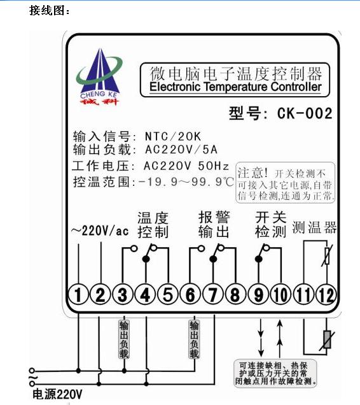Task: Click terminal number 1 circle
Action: [x=78, y=294]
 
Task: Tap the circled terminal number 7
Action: [x=212, y=294]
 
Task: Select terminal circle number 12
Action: [x=326, y=294]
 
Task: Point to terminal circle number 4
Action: [x=145, y=294]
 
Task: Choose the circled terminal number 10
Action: [x=280, y=294]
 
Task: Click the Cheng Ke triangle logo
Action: [x=99, y=77]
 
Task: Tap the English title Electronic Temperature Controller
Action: [x=235, y=87]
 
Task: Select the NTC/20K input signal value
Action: [x=173, y=136]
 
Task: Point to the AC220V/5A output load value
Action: [x=181, y=150]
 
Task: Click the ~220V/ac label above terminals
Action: [x=100, y=231]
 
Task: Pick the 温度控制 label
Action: [x=153, y=225]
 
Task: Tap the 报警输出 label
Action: [x=214, y=224]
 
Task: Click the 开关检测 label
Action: [x=271, y=224]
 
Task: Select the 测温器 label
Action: [x=314, y=227]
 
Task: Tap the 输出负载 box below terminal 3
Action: [x=124, y=339]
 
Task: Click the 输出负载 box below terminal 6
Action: [x=195, y=339]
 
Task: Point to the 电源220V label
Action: [x=57, y=394]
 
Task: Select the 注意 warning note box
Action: [x=286, y=182]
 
